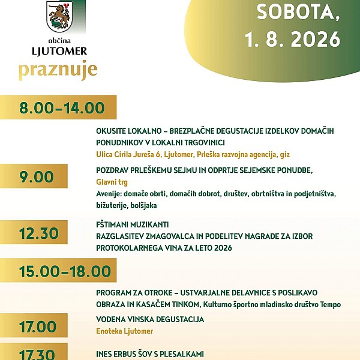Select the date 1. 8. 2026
293,39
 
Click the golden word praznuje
58,70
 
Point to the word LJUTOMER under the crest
59,51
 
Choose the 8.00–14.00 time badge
58,107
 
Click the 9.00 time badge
34,176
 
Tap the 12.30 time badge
34,232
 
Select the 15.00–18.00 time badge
58,270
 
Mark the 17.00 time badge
34,326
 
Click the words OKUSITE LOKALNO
129,131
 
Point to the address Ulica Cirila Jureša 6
128,155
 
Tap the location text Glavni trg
112,182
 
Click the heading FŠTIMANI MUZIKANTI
133,224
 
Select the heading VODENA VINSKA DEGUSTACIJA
150,319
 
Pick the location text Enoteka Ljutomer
124,331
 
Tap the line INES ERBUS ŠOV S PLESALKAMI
150,354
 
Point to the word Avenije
109,194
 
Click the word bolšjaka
143,205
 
